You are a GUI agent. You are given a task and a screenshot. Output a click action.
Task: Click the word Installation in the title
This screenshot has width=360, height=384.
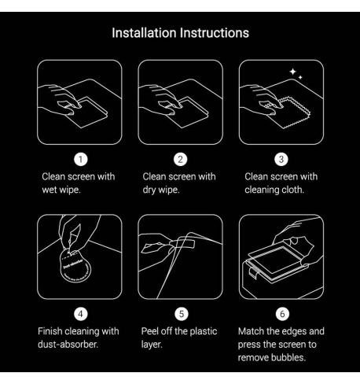coord(144,33)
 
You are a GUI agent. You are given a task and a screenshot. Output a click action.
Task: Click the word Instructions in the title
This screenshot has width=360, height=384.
coord(215,33)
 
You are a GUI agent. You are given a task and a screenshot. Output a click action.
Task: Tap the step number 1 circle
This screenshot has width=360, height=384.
coord(81,160)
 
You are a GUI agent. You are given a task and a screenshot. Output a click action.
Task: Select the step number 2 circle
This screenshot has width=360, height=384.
coord(181,160)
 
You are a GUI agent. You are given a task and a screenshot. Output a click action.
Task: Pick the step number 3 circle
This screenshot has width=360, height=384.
coord(281,160)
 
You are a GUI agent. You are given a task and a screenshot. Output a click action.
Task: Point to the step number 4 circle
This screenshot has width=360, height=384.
coord(81,314)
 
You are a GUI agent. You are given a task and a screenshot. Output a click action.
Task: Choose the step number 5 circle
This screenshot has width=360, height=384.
coord(182,314)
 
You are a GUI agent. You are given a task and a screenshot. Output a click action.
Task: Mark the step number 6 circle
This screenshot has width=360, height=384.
coord(282,314)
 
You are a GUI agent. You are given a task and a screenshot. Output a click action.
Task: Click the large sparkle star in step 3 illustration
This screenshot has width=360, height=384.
coord(292,72)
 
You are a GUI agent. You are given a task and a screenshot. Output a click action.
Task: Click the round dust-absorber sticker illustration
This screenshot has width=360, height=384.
coord(75,266)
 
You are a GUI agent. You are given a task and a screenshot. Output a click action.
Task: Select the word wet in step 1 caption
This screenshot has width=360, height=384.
coord(50,190)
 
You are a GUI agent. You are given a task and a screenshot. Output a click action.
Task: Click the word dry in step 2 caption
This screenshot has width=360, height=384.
coord(149,190)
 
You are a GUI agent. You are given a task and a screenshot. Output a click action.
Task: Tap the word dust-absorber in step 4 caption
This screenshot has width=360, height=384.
coord(68,345)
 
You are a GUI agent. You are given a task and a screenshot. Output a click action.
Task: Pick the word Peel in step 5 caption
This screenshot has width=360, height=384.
coord(149,331)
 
